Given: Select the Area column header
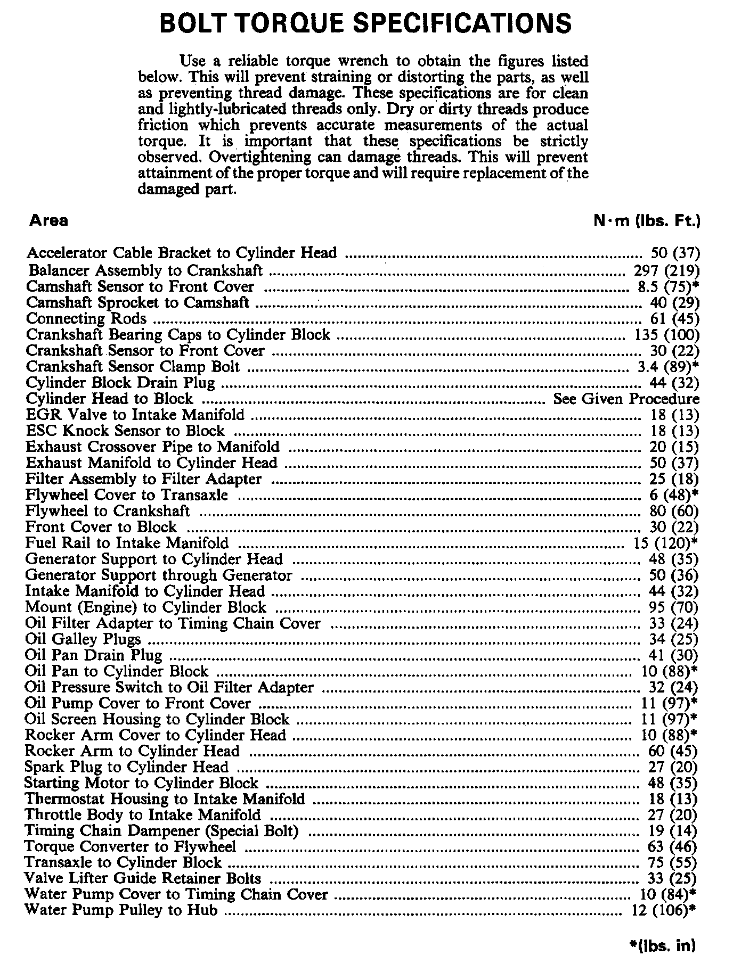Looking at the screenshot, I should (x=48, y=221).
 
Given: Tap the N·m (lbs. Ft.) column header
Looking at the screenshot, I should (x=646, y=221).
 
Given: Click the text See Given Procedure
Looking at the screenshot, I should (x=626, y=399).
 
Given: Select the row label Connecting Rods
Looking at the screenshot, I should (x=86, y=319).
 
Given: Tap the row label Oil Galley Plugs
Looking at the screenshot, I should (x=83, y=639).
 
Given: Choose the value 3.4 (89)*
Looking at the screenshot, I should (x=668, y=367).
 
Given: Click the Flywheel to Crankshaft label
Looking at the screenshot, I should (x=107, y=511).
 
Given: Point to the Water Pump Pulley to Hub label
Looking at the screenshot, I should (x=121, y=910).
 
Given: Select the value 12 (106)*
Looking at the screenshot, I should (x=663, y=910).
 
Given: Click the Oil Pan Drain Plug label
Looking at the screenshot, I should (x=93, y=655).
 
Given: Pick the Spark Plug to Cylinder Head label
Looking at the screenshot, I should (x=126, y=767).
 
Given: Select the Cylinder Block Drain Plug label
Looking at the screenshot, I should (x=120, y=383).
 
